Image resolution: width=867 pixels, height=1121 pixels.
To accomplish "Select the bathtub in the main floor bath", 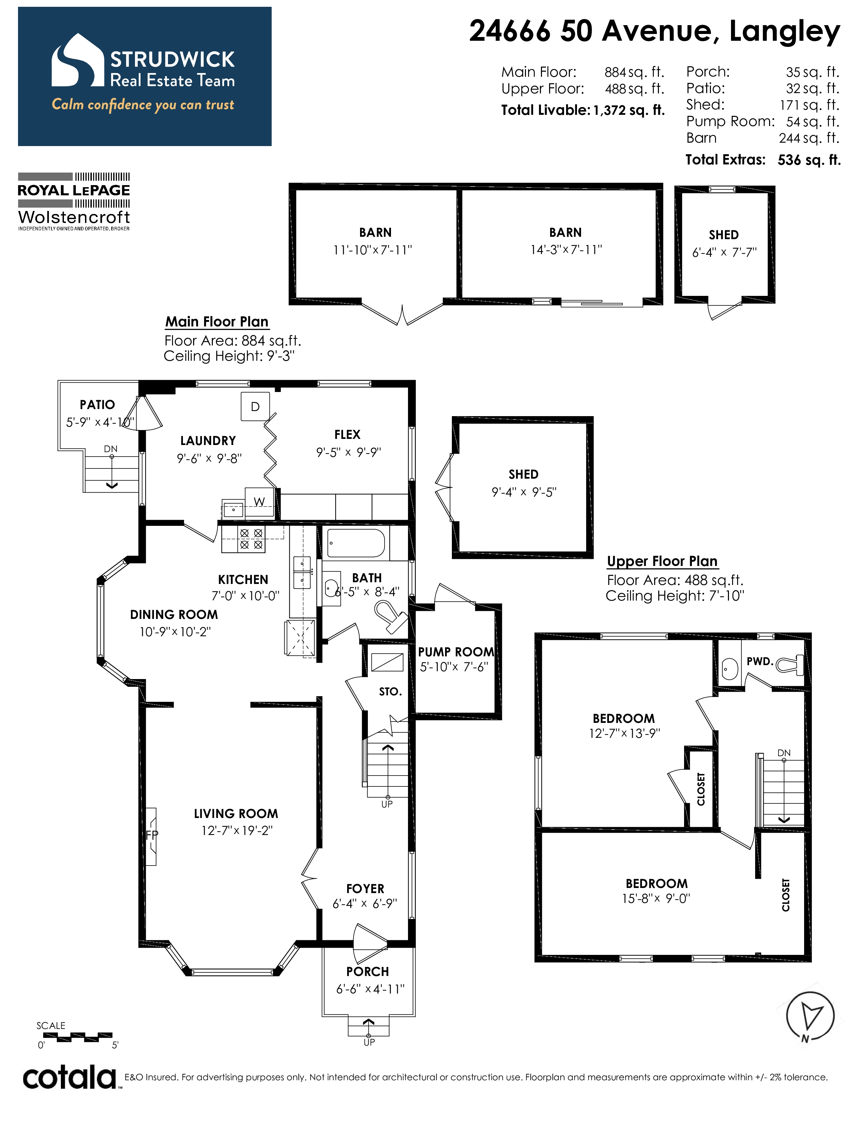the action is (356, 543).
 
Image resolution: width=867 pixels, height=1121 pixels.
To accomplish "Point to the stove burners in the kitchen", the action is (252, 539).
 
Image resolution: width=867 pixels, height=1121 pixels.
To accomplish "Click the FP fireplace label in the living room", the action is (152, 835).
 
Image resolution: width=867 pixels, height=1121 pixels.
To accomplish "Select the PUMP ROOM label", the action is (456, 652).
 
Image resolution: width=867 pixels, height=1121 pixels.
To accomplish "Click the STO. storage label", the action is (390, 692).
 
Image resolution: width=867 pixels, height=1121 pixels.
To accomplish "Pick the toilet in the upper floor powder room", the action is (790, 665).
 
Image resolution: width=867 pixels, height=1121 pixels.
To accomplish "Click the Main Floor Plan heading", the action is (217, 322).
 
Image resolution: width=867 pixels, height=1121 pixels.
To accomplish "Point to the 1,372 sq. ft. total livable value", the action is (629, 110).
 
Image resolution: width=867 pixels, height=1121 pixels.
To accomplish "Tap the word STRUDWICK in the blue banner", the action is (173, 59).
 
